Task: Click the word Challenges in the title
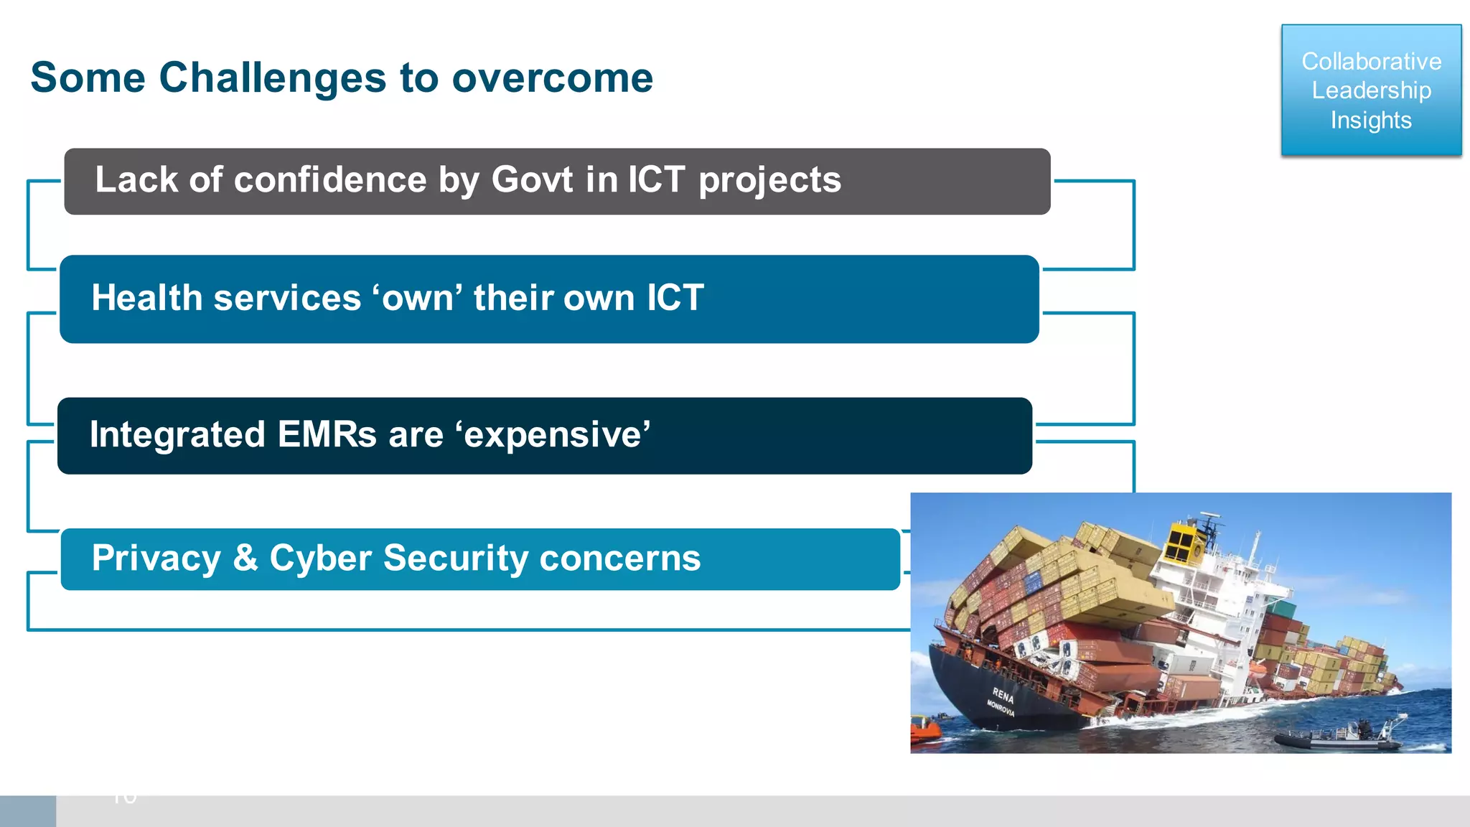click(272, 78)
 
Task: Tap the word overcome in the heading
click(552, 78)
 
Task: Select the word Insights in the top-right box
click(1370, 120)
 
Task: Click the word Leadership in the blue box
click(1371, 90)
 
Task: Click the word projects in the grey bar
click(769, 181)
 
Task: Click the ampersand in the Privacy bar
click(245, 558)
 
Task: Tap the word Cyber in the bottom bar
click(320, 559)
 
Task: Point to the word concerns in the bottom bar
click(620, 559)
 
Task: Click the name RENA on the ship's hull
click(1003, 694)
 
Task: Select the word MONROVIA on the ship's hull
click(1001, 708)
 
